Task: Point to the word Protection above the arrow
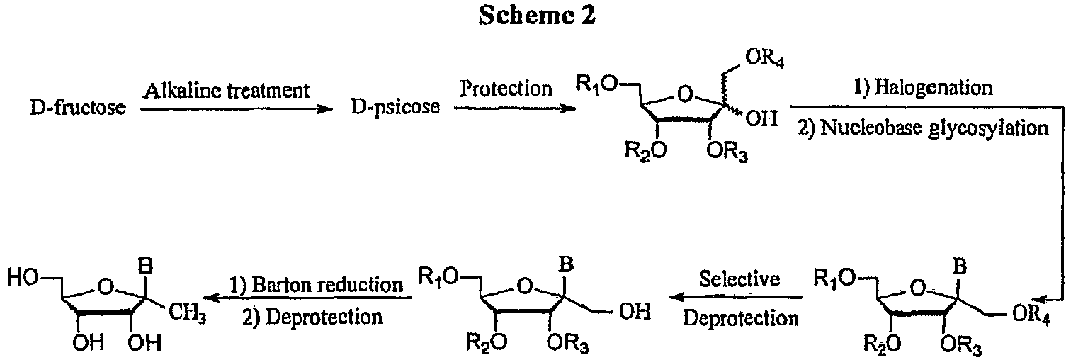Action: tap(506, 89)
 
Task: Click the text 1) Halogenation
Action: tap(934, 89)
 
